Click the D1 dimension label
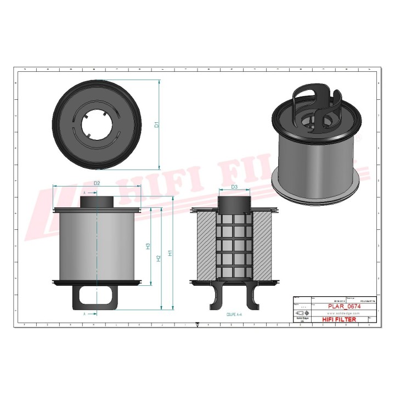[x=156, y=125]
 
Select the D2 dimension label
[x=97, y=183]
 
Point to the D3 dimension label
[x=234, y=187]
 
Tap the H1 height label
[x=171, y=253]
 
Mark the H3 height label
[x=148, y=246]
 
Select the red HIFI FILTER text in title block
[x=338, y=319]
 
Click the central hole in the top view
[x=97, y=125]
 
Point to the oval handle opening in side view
[x=97, y=296]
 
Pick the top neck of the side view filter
[x=97, y=201]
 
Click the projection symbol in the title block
[x=300, y=313]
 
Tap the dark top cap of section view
[x=234, y=202]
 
